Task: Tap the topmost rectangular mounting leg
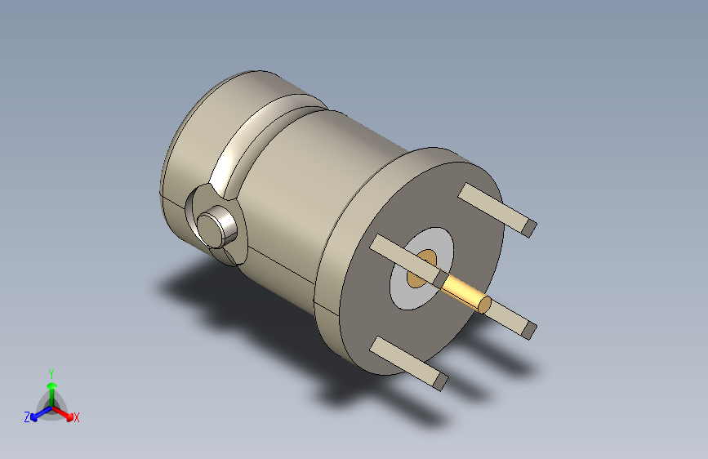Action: tap(494, 207)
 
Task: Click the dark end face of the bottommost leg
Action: tap(442, 381)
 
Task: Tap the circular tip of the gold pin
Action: tap(485, 305)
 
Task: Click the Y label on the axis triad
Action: tap(51, 372)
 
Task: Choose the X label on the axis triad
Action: tap(77, 417)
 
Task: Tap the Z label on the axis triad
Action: tap(27, 417)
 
